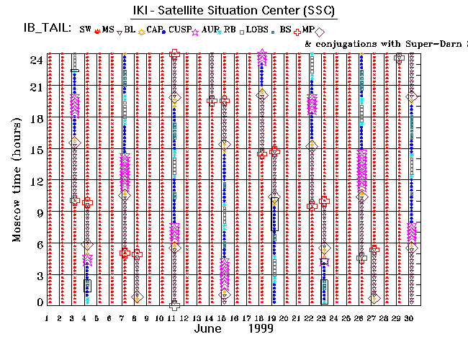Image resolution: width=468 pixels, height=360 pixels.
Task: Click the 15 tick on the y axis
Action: (x=33, y=150)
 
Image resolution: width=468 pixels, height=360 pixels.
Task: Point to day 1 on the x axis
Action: (x=47, y=318)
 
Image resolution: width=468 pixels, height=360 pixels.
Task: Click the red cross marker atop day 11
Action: (x=174, y=53)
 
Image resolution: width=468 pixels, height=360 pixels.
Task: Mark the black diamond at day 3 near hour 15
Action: (x=74, y=143)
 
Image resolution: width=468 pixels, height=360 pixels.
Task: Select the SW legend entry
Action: (x=87, y=30)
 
